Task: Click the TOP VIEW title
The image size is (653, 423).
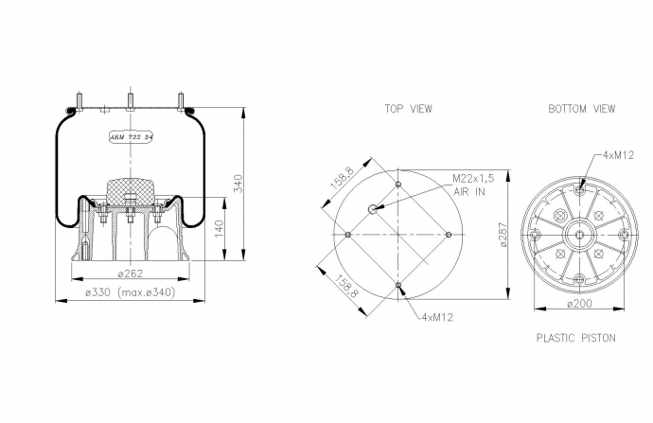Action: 408,109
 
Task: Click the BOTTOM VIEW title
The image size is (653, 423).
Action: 581,109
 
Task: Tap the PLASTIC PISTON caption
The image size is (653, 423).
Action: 575,338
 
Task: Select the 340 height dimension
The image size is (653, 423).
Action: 238,184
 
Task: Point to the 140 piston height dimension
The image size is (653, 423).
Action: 219,229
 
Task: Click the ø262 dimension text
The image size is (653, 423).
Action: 131,273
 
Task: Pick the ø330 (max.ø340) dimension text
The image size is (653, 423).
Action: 131,292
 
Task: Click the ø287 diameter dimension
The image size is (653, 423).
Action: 503,235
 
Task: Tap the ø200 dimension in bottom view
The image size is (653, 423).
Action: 579,304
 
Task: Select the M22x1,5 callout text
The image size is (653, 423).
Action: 473,179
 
